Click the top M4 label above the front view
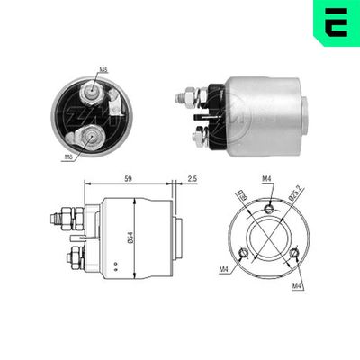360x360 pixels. [x=267, y=179]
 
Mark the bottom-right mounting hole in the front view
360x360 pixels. [x=295, y=254]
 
